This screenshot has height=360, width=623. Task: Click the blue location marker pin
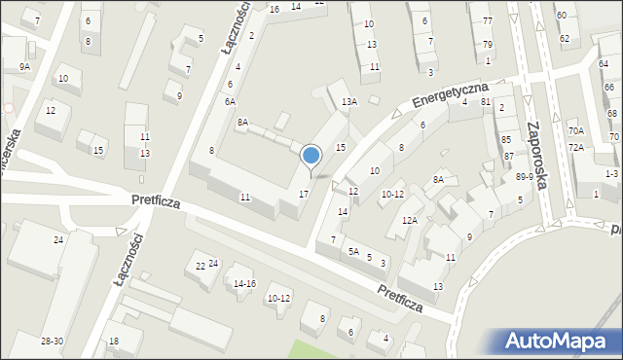311,156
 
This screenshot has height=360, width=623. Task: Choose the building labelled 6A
230,101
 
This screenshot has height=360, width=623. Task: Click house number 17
304,195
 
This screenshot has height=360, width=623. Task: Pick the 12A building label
410,221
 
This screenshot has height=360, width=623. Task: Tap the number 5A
354,252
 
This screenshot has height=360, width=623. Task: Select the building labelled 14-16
244,283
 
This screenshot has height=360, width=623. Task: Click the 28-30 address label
53,341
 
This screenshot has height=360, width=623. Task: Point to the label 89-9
525,176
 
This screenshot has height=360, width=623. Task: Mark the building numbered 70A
576,130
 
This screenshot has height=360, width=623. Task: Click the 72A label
576,147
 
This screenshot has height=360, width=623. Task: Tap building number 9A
24,66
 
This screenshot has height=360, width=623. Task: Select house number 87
507,156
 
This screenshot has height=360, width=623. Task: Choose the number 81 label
486,101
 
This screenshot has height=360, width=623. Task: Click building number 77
487,20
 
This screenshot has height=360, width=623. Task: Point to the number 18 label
113,341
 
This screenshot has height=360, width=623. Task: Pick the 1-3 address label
610,173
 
